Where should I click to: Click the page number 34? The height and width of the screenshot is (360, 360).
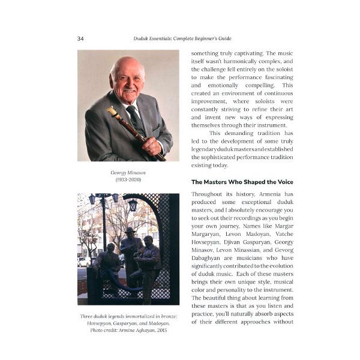80,39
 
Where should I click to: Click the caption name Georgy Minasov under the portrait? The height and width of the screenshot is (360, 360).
128,172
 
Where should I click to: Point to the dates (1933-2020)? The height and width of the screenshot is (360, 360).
128,180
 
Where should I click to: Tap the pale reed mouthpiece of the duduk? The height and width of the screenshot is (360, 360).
112,110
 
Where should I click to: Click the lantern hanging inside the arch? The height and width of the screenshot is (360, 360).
133,205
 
